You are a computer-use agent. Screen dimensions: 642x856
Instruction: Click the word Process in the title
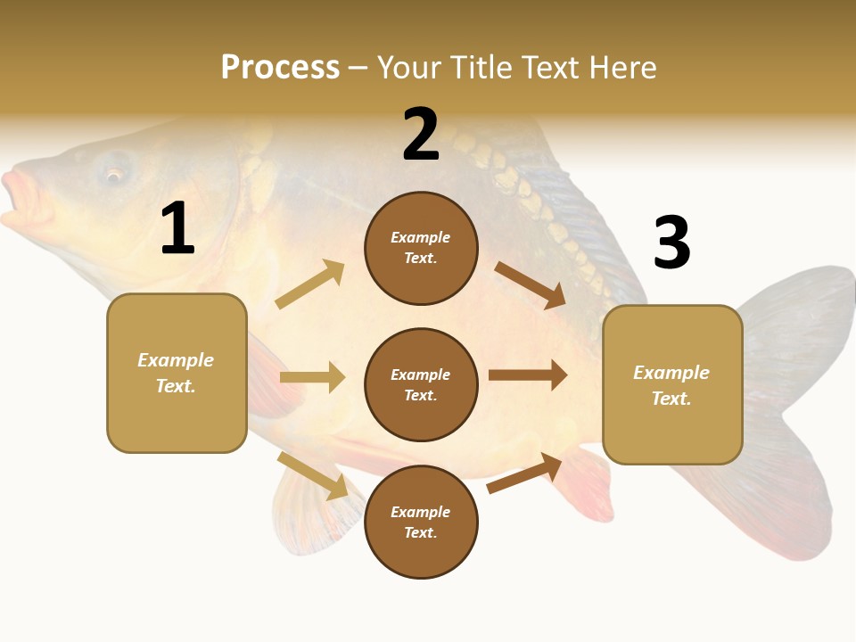(x=280, y=67)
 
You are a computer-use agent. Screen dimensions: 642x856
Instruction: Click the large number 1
(x=177, y=230)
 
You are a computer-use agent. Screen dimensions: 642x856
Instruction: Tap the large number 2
(x=421, y=136)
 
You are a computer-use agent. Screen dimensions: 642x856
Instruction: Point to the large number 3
(x=672, y=243)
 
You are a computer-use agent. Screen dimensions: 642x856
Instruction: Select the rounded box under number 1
(x=177, y=373)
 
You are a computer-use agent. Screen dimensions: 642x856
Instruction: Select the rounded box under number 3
(x=672, y=384)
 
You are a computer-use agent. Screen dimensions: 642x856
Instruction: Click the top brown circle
(x=421, y=248)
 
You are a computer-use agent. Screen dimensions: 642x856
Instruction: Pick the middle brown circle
(x=421, y=384)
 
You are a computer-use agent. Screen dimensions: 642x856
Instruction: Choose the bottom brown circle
(x=421, y=522)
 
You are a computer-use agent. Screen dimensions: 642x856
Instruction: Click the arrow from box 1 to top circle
(x=310, y=284)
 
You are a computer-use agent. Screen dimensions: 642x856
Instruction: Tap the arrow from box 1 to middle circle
(x=312, y=377)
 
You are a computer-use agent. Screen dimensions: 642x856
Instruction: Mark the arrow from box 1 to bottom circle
(x=312, y=475)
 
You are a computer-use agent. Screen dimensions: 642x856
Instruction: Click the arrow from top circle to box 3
(x=530, y=284)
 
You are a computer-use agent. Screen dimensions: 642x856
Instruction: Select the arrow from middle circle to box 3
(x=527, y=375)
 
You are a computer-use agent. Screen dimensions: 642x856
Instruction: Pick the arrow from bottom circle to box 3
(x=524, y=473)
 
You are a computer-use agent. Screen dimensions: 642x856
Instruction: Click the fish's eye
(x=114, y=173)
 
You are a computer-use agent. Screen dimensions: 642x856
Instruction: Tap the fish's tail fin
(x=794, y=401)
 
